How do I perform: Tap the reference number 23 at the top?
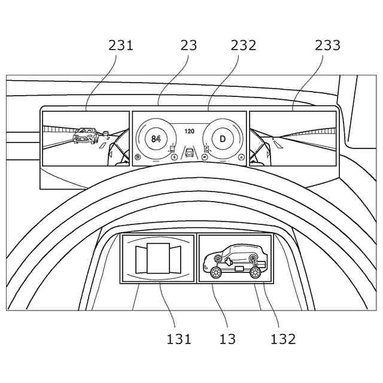point(188,45)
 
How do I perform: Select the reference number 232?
point(243,45)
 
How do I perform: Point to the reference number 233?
point(327,45)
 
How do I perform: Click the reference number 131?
point(179,339)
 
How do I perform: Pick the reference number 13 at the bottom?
point(227,339)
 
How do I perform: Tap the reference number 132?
point(282,339)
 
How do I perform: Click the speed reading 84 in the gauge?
point(156,138)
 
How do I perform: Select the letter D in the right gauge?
point(223,139)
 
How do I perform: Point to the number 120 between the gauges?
point(189,130)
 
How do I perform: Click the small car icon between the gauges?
point(190,153)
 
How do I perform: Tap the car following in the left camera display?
point(86,136)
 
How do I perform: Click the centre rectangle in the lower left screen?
point(159,258)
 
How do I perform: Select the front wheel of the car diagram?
point(215,273)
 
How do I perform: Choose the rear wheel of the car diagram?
point(256,273)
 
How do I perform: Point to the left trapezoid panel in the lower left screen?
point(141,259)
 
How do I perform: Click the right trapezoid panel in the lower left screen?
point(177,259)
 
